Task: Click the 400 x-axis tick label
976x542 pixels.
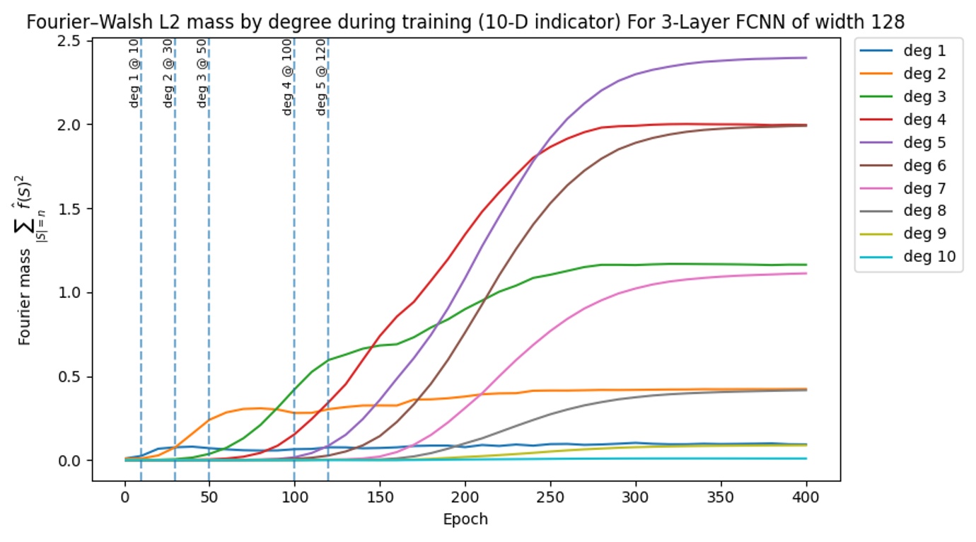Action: point(806,497)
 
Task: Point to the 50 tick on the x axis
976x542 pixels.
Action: point(209,497)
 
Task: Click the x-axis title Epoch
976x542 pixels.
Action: point(465,519)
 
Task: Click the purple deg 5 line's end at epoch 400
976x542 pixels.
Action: point(806,58)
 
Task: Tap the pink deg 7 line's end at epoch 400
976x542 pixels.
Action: point(806,273)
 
